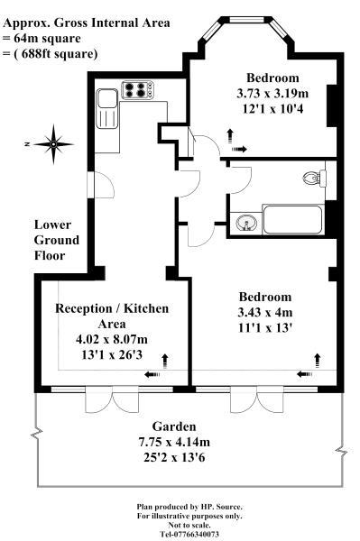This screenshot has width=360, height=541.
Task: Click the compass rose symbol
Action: coord(54,142)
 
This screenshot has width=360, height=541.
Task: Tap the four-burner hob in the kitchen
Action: coord(138,90)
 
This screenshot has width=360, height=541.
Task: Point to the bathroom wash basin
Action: coord(245,221)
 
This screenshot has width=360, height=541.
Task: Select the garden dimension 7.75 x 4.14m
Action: coord(175,441)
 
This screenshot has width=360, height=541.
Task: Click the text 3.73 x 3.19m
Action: coord(272,94)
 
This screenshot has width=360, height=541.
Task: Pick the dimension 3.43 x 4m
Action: coord(264,312)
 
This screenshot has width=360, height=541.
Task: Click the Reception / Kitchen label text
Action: coord(112,316)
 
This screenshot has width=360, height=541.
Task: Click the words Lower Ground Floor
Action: coord(57,240)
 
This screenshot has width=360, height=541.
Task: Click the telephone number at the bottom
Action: coord(189,534)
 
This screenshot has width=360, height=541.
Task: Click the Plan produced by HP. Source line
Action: coord(189,507)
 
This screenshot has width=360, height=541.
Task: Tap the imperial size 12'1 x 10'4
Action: coord(272,108)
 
